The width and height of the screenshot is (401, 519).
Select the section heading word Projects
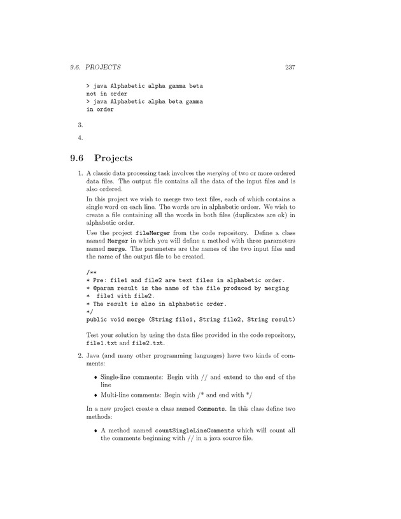(x=113, y=158)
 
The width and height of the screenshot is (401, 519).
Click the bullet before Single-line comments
(x=95, y=377)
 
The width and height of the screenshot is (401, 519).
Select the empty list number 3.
(x=72, y=125)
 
